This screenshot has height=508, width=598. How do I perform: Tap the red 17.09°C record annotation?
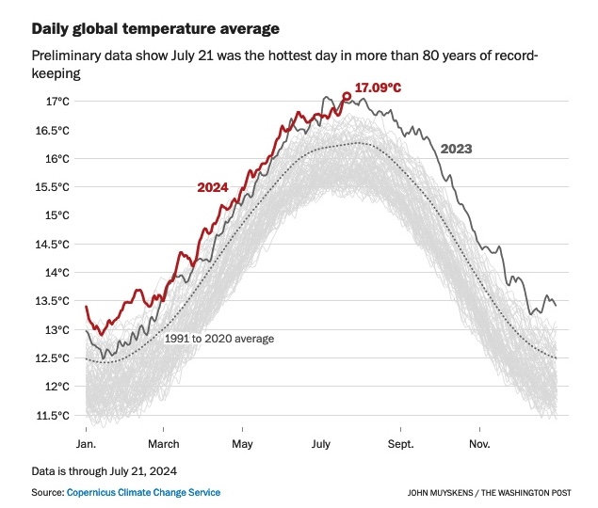[x=377, y=87]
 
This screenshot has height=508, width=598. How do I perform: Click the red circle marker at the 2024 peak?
[x=347, y=96]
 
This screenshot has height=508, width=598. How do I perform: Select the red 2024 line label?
[x=213, y=187]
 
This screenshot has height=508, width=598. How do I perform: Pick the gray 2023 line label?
[x=456, y=149]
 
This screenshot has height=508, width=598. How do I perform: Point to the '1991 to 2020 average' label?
[x=219, y=339]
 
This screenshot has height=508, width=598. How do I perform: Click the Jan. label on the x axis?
[x=85, y=443]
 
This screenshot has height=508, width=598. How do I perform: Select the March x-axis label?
[x=164, y=443]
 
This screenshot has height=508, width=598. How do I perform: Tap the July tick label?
[x=321, y=443]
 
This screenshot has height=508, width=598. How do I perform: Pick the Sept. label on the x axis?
[x=400, y=443]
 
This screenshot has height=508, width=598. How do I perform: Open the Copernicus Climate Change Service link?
[x=143, y=492]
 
